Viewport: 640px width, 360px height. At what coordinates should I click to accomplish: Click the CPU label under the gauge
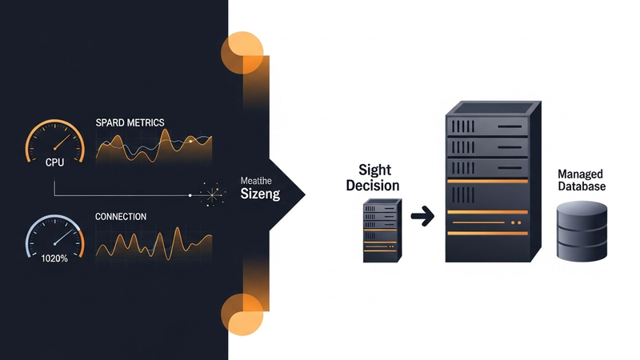54,162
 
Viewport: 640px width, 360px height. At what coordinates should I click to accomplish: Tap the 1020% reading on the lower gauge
54,258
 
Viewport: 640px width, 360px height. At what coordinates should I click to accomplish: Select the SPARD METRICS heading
130,122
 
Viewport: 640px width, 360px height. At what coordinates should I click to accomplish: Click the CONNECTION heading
121,216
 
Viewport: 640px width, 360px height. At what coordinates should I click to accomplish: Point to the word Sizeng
260,194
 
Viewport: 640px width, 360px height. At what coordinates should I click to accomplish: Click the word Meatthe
256,181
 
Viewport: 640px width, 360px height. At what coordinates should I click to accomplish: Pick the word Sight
374,170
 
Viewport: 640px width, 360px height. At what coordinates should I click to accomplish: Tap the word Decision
373,186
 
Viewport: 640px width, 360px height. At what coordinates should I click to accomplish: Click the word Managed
580,174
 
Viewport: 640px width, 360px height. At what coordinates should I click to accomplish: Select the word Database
582,186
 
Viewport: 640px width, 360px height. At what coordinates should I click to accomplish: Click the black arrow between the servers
422,216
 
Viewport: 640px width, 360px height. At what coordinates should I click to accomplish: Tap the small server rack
382,230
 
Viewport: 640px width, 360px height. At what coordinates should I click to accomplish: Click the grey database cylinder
582,231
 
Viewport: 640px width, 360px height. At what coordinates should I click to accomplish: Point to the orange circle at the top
242,53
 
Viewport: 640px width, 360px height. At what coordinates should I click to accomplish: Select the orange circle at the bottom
242,314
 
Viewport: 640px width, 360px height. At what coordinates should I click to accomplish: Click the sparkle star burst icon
212,194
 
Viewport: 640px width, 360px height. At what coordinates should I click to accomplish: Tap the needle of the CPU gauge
62,142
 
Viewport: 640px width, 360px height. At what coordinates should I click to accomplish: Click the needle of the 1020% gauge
63,237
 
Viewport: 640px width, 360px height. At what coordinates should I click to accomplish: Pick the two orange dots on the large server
516,223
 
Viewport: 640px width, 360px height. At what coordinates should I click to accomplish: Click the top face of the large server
494,108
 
